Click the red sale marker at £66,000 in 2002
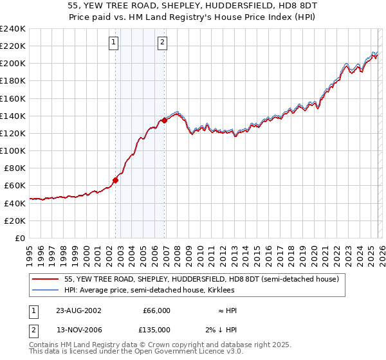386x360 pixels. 116,181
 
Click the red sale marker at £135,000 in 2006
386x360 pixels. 165,120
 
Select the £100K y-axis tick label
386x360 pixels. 13,150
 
